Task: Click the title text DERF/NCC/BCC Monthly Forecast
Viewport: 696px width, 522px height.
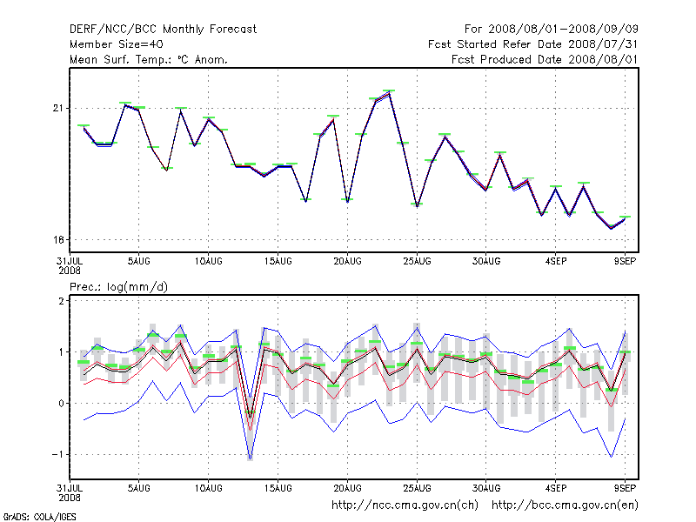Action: click(x=163, y=30)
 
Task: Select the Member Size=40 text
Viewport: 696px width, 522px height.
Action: click(x=116, y=44)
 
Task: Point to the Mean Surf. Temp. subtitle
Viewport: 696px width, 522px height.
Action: click(x=149, y=59)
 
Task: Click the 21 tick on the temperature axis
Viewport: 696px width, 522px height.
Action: click(x=58, y=108)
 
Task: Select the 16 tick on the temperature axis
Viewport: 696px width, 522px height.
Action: click(x=58, y=240)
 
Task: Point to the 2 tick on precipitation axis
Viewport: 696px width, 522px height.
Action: click(x=61, y=301)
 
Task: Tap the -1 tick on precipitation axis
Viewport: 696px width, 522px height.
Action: click(x=58, y=454)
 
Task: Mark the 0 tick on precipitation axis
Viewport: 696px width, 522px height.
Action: click(x=61, y=403)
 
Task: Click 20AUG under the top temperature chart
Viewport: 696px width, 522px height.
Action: click(x=347, y=260)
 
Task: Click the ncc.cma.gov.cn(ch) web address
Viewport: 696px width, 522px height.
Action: click(x=405, y=505)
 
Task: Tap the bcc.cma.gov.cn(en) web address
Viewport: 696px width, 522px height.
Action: click(x=565, y=505)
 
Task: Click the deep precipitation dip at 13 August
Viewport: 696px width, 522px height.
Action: click(x=250, y=454)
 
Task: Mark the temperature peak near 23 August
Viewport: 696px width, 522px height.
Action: click(x=389, y=92)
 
